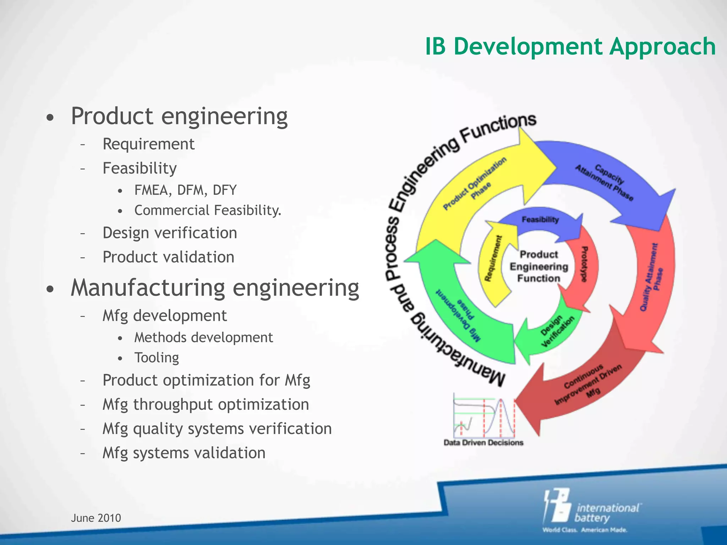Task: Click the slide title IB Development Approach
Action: pyautogui.click(x=570, y=46)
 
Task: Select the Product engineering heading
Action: pyautogui.click(x=179, y=116)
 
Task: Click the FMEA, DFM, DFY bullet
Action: pyautogui.click(x=185, y=190)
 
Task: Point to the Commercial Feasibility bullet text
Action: pyautogui.click(x=208, y=210)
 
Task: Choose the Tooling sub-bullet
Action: pyautogui.click(x=157, y=358)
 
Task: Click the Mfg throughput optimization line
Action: pyautogui.click(x=206, y=404)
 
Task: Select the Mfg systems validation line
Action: pyautogui.click(x=184, y=453)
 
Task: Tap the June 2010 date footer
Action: pyautogui.click(x=96, y=518)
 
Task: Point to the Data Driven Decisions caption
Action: pyautogui.click(x=483, y=442)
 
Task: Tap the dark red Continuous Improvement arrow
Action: pyautogui.click(x=582, y=390)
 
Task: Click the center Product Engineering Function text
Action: pyautogui.click(x=539, y=266)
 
